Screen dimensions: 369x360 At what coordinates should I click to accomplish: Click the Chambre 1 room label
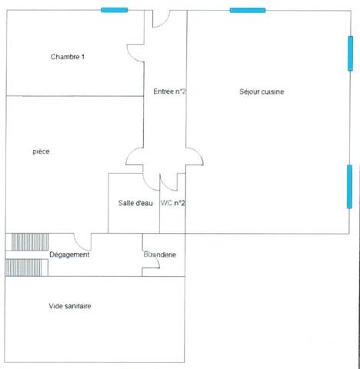coord(67,57)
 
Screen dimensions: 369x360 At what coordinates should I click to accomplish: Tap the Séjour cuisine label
coord(262,92)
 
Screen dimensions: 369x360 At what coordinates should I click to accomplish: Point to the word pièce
coord(42,151)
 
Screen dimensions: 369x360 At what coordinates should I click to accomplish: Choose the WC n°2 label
coord(173,203)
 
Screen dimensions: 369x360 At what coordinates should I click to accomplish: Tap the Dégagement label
coord(69,254)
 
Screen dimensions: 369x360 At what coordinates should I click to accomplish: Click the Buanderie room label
coord(159,254)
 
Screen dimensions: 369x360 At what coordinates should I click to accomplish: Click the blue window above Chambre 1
coord(115,10)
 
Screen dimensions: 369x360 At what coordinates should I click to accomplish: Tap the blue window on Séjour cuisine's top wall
coord(248,10)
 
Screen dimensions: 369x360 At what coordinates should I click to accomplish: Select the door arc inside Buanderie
coord(152,265)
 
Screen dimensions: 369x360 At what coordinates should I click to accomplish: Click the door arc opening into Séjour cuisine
coord(194,156)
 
